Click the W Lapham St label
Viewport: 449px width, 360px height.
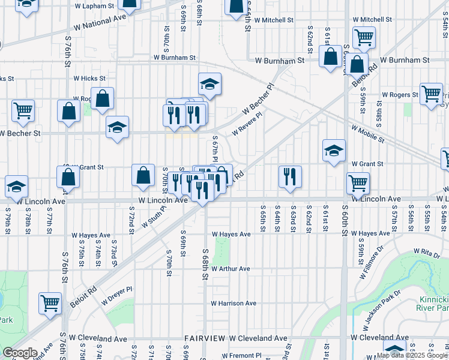coord(95,5)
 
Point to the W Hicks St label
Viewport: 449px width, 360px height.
coord(89,78)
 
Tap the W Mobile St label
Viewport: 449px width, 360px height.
coord(367,134)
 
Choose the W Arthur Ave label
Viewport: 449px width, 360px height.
coord(231,269)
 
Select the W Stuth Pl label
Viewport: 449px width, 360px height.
coord(154,217)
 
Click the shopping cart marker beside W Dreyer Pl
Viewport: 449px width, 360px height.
coord(50,302)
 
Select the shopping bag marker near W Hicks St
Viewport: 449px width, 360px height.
coord(103,99)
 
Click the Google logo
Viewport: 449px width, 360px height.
coord(20,353)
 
